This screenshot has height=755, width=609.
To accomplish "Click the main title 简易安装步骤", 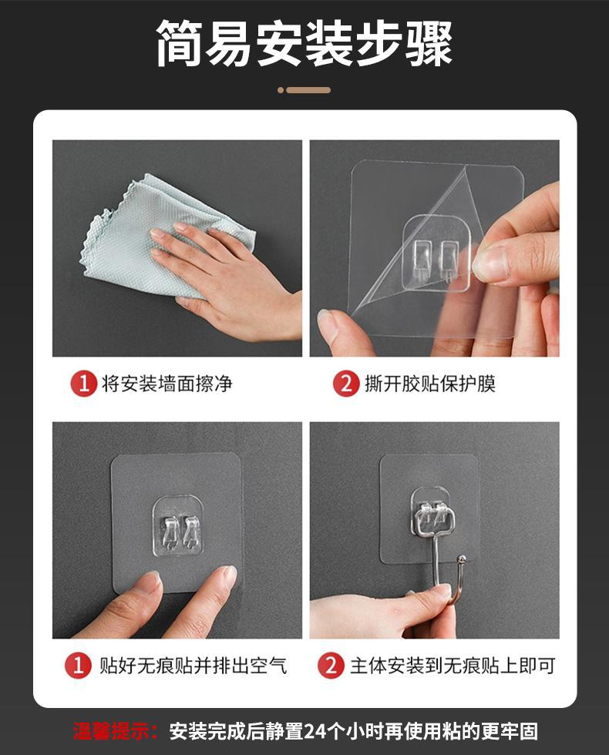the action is point(304,42).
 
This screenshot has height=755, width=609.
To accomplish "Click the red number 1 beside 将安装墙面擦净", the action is point(84,384).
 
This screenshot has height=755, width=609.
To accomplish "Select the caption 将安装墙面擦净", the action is point(167,384).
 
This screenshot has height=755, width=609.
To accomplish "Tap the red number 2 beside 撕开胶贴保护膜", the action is point(345,384).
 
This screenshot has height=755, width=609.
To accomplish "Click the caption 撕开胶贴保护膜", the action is point(430,384).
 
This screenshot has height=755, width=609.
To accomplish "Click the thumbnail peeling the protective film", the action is point(435,248).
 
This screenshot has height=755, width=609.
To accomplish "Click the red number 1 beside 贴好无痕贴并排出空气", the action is point(78,666).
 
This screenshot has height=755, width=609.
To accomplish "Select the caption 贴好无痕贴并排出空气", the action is point(193,666).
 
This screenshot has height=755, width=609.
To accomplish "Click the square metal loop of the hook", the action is point(434,520).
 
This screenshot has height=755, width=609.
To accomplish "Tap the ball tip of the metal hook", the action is point(461,559).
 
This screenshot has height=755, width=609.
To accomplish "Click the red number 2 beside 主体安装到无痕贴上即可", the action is point(331,666).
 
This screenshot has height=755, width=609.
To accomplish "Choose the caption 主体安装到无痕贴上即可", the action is point(453,666).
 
